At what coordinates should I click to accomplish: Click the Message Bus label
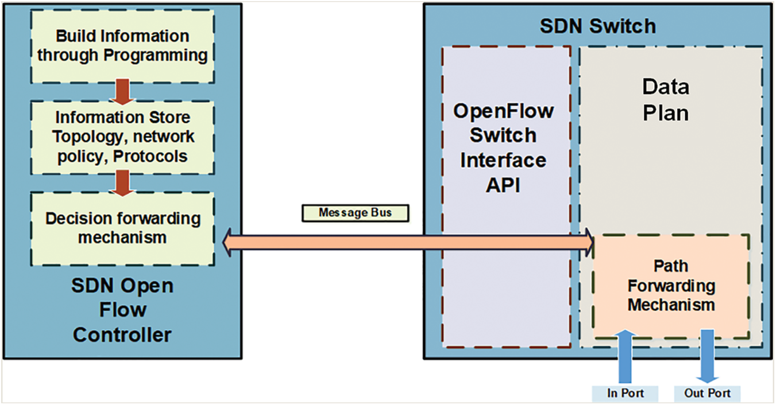356,213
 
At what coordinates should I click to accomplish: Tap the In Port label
625,394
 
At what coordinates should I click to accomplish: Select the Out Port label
706,394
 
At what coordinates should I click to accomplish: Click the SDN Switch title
597,26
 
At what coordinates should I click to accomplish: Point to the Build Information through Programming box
122,46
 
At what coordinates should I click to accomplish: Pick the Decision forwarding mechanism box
122,228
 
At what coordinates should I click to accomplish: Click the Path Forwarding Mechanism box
671,286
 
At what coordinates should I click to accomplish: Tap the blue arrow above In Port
625,356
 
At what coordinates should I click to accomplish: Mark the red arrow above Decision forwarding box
122,182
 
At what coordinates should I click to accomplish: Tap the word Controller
122,334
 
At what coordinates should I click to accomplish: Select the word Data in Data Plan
665,88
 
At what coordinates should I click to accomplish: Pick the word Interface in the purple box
503,161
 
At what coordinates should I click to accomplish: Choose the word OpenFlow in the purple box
503,110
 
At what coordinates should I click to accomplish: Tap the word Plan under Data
665,113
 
